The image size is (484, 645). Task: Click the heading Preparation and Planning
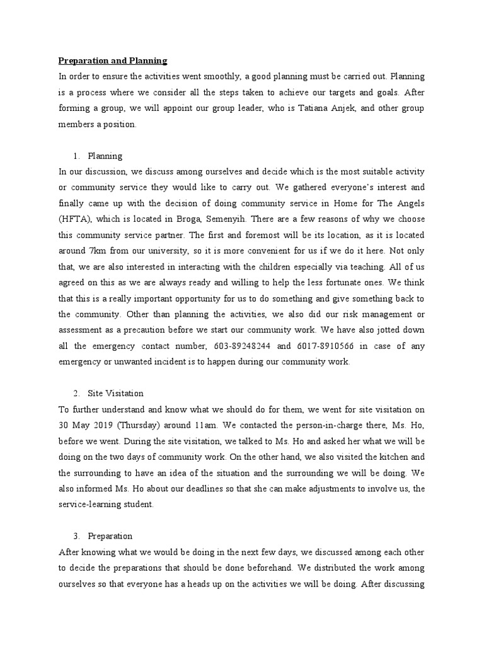point(113,61)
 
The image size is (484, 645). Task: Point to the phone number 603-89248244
point(241,346)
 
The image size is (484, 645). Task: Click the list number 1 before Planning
point(76,156)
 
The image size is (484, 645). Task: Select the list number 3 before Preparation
point(76,536)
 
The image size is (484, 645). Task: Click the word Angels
point(410,203)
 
